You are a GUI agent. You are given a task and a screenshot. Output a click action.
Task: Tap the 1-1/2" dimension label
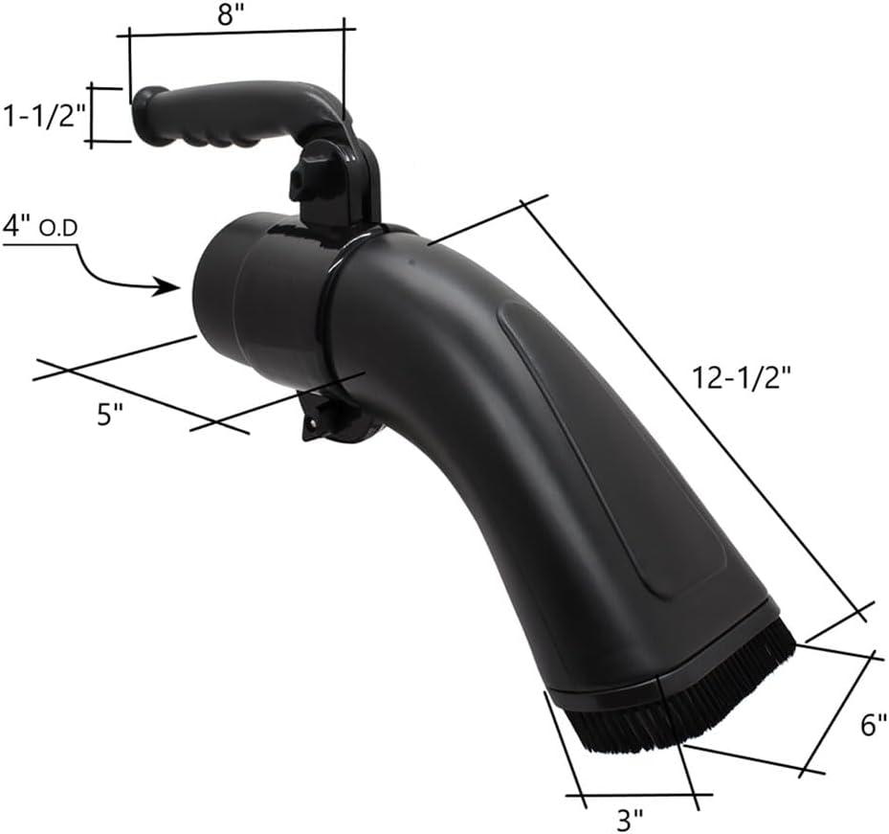[43, 116]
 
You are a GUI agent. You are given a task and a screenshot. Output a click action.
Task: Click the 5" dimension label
[110, 416]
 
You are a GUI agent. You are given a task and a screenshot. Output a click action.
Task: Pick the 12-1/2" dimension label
[742, 378]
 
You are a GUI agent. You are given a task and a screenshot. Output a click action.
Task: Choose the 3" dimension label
[630, 821]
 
